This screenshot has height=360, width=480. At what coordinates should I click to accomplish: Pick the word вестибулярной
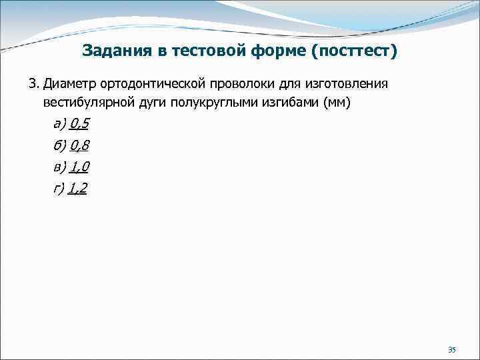[87, 103]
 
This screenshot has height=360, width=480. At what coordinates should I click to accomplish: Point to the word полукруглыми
[214, 103]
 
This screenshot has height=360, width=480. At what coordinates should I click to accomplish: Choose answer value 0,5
[79, 124]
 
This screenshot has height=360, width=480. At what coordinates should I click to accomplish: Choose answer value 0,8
[79, 145]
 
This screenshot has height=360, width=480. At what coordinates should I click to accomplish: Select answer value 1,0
[79, 167]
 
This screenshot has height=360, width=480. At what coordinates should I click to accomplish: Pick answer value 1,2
[77, 189]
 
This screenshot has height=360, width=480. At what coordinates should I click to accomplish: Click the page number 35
[451, 349]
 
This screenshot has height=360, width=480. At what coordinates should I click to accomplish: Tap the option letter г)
[58, 189]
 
